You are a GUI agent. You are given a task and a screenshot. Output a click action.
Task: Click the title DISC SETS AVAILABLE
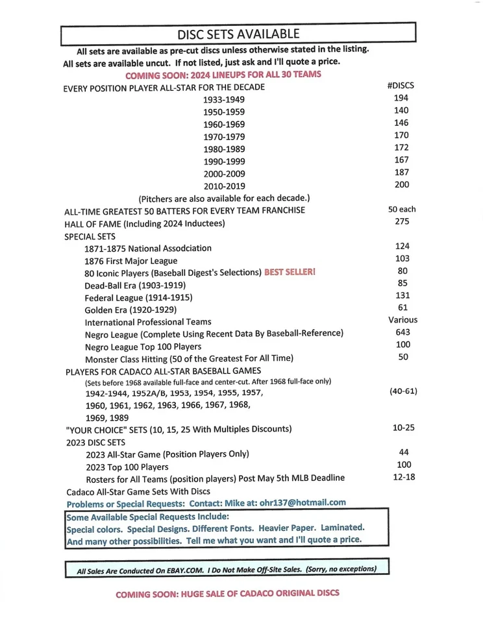click(238, 33)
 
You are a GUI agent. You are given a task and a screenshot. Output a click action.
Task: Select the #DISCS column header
click(400, 85)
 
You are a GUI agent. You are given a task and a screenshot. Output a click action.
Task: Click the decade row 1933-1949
click(224, 100)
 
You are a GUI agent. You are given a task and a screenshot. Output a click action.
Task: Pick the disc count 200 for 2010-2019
click(401, 185)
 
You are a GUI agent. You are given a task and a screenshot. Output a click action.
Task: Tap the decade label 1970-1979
click(224, 137)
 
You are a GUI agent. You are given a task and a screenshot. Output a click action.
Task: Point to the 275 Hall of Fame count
click(402, 222)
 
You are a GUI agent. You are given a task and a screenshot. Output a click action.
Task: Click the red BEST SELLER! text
click(290, 272)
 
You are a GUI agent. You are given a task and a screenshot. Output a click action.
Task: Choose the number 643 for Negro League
click(402, 332)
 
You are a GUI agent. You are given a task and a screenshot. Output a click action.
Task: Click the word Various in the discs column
click(402, 320)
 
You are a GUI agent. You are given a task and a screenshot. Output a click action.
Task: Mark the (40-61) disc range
click(402, 392)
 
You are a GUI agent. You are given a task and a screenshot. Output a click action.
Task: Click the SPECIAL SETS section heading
click(90, 236)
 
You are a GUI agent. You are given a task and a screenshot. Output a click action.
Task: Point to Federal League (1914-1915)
click(138, 297)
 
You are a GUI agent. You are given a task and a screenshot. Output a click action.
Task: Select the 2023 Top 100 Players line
click(127, 467)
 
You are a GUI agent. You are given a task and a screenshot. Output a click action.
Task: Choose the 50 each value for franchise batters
click(402, 209)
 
